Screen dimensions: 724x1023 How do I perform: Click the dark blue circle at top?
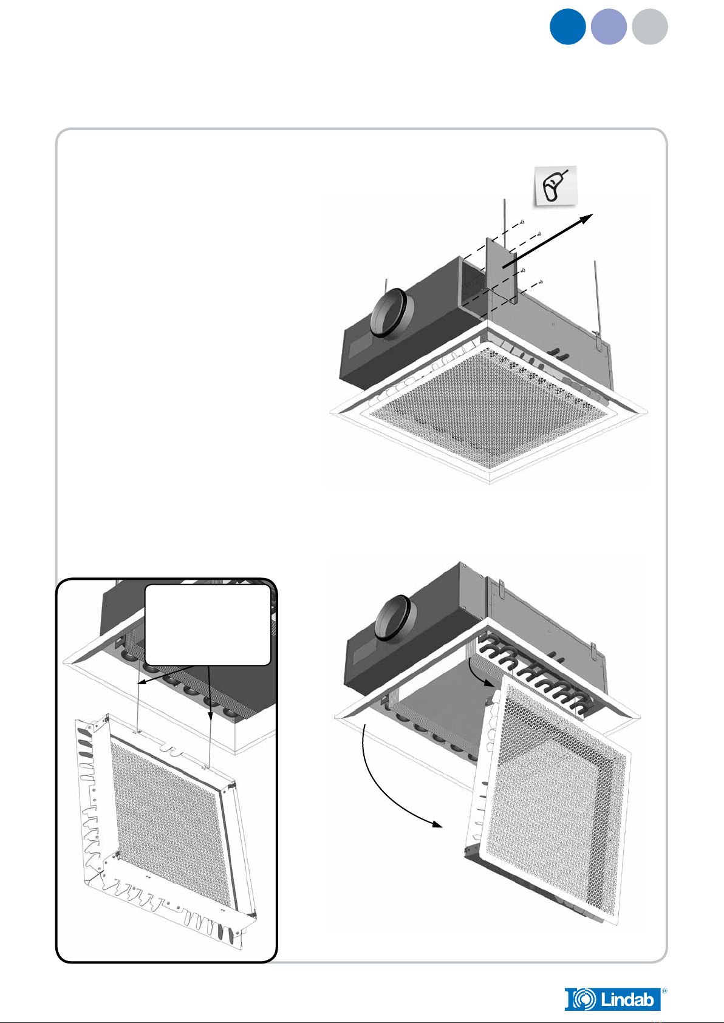[x=567, y=27]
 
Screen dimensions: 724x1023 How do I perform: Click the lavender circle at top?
[x=609, y=27]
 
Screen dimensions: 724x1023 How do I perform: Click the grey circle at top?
[x=649, y=27]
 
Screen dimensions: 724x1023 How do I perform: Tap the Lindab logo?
[x=612, y=999]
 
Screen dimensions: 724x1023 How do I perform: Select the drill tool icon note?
[x=555, y=186]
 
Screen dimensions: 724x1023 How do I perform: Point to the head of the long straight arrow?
[x=590, y=217]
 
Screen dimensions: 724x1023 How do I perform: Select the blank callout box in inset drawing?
[x=208, y=625]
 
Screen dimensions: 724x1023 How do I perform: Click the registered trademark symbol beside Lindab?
[x=664, y=990]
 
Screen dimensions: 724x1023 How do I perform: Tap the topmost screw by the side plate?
[x=522, y=224]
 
